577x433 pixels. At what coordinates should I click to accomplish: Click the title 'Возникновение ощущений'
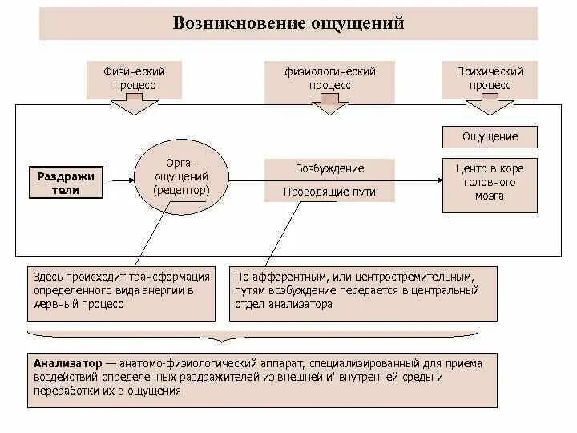(x=288, y=23)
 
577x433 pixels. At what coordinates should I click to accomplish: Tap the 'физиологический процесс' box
(x=329, y=78)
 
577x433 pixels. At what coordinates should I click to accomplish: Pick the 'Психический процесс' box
(x=490, y=78)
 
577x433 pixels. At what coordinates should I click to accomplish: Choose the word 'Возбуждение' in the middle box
(x=329, y=169)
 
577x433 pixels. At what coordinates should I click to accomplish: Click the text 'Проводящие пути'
(x=329, y=192)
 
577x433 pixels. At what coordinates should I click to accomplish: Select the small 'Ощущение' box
(x=490, y=136)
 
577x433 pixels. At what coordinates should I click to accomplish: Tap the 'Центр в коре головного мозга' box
(x=490, y=183)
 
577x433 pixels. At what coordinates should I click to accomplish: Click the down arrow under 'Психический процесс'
(x=490, y=106)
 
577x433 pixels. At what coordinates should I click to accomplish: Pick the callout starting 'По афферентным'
(x=363, y=291)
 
